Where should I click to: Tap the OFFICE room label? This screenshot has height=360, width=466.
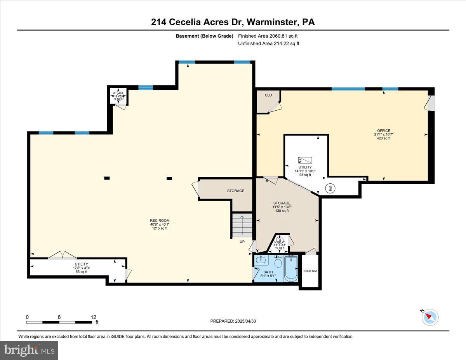(383, 131)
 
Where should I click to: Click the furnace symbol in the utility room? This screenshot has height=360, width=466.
(305, 160)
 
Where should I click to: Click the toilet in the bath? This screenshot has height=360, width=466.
(278, 263)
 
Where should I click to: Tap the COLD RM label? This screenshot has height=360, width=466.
(310, 271)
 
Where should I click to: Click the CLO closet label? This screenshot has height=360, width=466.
(268, 95)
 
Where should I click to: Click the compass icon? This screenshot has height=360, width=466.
(430, 317)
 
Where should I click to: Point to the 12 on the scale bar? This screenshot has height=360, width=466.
(93, 317)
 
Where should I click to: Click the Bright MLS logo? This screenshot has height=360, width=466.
(30, 350)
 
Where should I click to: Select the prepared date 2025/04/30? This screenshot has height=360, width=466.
(233, 321)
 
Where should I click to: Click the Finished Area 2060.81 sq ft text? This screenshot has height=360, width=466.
(268, 36)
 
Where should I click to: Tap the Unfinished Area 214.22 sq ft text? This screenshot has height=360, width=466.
(269, 43)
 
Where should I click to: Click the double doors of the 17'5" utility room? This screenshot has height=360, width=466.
(62, 255)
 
